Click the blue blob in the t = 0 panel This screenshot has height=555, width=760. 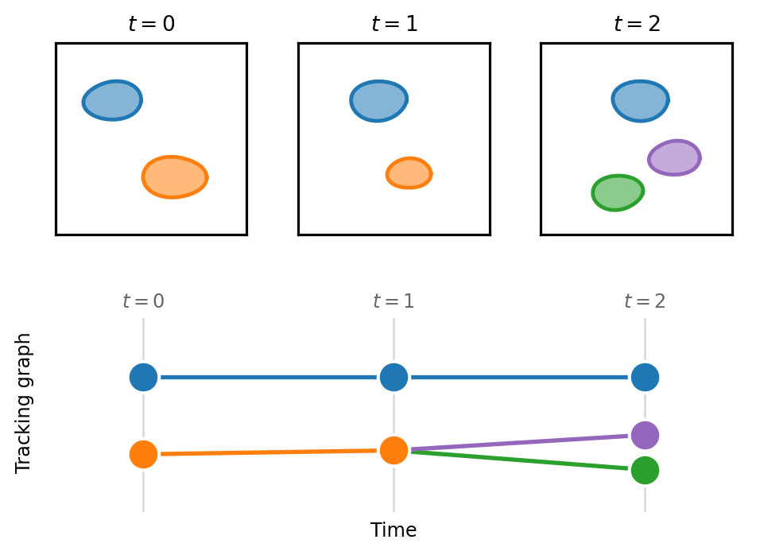[x=112, y=100]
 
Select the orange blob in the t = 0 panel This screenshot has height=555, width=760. [x=175, y=177]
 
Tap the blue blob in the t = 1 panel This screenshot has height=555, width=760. [x=379, y=101]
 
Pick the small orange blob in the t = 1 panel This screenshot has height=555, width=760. [x=409, y=173]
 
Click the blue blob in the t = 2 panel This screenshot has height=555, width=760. [x=640, y=101]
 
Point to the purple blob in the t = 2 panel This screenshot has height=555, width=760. [x=675, y=157]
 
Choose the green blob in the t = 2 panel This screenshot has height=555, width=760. [x=618, y=193]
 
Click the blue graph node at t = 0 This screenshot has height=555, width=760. [x=143, y=377]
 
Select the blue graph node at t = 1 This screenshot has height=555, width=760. [x=394, y=377]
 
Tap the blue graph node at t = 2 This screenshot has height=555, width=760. [x=646, y=377]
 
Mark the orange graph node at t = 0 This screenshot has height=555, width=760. [x=143, y=454]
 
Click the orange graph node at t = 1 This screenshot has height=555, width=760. [x=394, y=450]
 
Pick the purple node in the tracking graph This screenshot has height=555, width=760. [x=646, y=435]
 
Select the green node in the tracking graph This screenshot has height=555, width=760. [x=646, y=470]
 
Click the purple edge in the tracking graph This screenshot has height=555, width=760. [x=519, y=443]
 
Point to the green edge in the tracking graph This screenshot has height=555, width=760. [x=519, y=460]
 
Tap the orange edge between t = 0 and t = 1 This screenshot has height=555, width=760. [x=269, y=452]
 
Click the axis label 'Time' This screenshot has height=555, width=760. [x=394, y=530]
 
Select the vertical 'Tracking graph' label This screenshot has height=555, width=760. [x=23, y=403]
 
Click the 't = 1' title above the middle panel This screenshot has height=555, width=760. [x=394, y=23]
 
